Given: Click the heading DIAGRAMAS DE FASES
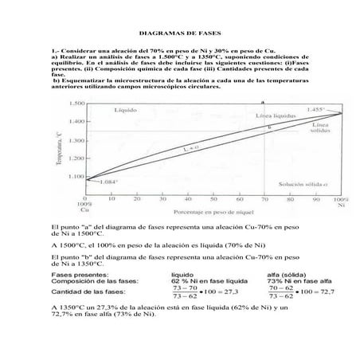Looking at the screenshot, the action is click(180, 34).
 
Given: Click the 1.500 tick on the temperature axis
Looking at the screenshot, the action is click(76, 104).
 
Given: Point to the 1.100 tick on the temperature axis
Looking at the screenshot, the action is click(76, 176).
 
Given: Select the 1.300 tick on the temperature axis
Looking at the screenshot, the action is click(76, 140).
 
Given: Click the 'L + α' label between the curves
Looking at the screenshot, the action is click(168, 148).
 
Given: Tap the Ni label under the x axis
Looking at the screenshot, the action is click(342, 205).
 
